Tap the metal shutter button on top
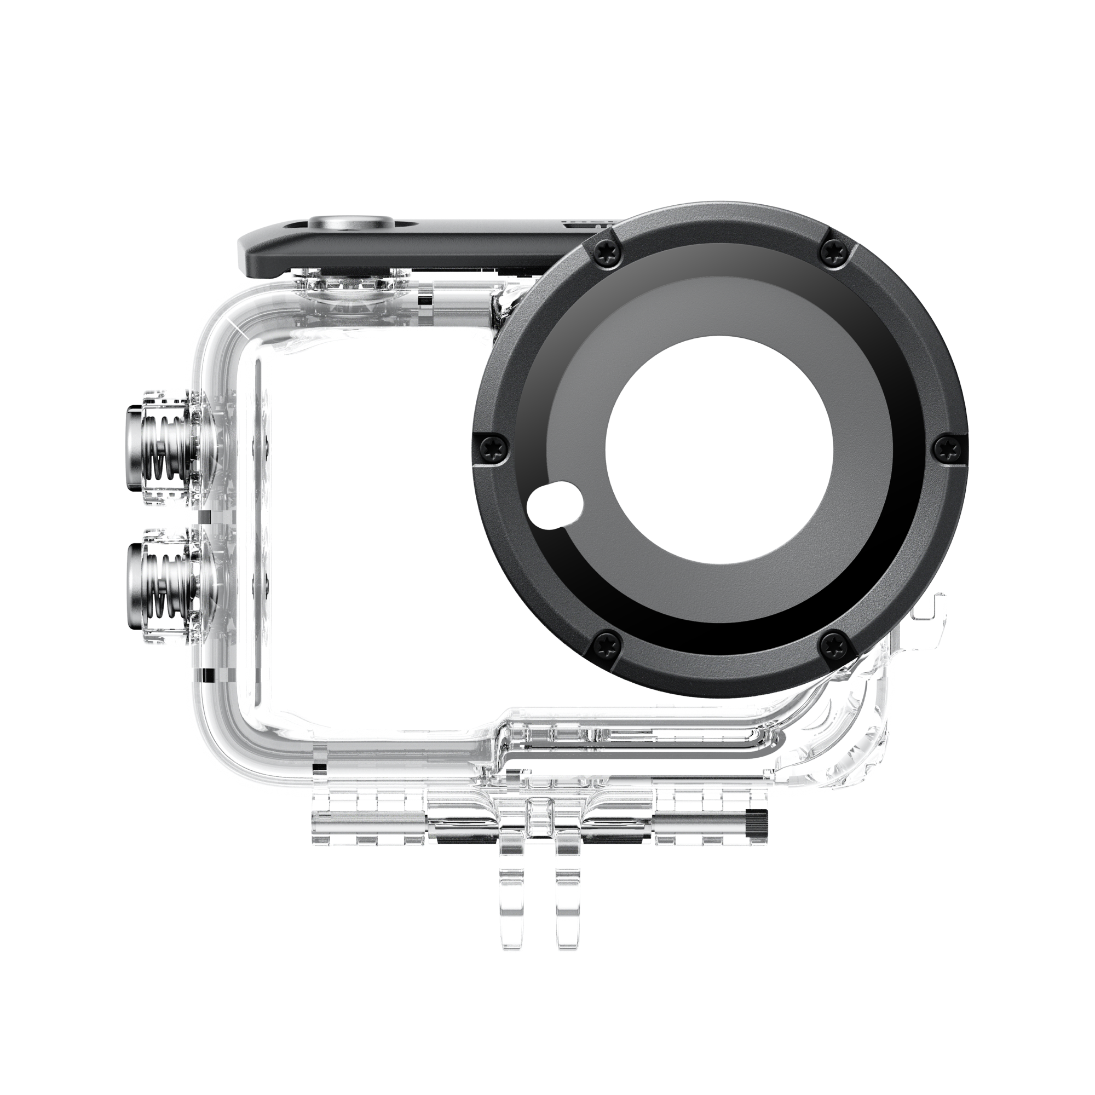click(343, 223)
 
